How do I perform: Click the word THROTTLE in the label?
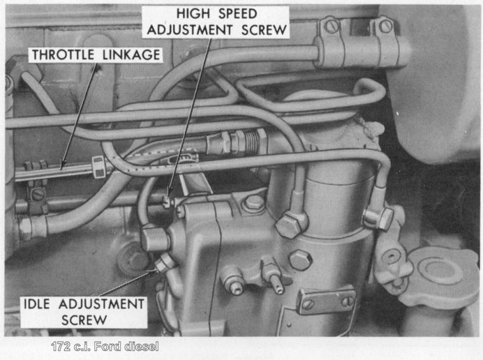tap(63, 55)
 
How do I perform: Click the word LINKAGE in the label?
tap(131, 55)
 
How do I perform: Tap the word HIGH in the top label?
tap(193, 13)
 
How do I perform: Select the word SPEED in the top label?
tap(237, 13)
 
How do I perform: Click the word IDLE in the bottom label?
tap(37, 304)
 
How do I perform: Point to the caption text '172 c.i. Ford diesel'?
tap(105, 347)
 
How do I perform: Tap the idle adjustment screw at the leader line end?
tap(163, 264)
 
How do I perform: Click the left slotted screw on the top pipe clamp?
tap(332, 27)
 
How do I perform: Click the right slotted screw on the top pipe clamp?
tap(386, 26)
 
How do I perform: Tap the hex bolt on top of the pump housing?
tap(255, 202)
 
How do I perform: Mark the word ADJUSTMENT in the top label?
tap(190, 30)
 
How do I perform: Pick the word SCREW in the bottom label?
tap(84, 320)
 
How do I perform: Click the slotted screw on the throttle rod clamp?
tap(38, 195)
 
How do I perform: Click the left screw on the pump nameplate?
tap(307, 305)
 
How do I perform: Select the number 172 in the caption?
tap(61, 347)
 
